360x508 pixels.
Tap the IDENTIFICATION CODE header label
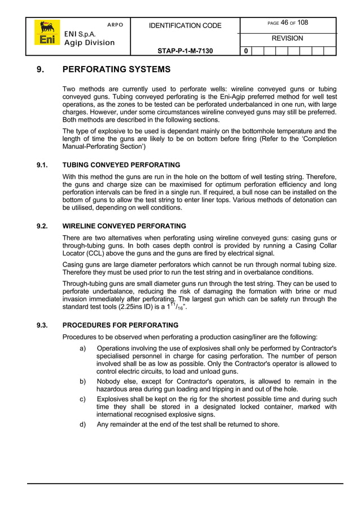(x=185, y=25)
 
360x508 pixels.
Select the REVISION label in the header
(x=287, y=38)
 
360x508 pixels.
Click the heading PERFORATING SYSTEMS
(x=116, y=70)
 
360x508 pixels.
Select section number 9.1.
(x=42, y=165)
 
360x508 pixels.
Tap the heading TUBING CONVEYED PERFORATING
(x=121, y=165)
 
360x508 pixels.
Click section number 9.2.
(x=42, y=226)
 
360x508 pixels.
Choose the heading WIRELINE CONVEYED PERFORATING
(x=124, y=226)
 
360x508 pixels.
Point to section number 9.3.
(x=42, y=325)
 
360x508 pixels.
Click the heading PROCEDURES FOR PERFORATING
(x=120, y=325)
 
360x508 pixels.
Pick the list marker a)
(x=83, y=348)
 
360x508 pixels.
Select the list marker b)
(x=83, y=382)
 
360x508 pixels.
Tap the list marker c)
(x=83, y=399)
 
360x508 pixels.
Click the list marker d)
(x=83, y=424)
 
